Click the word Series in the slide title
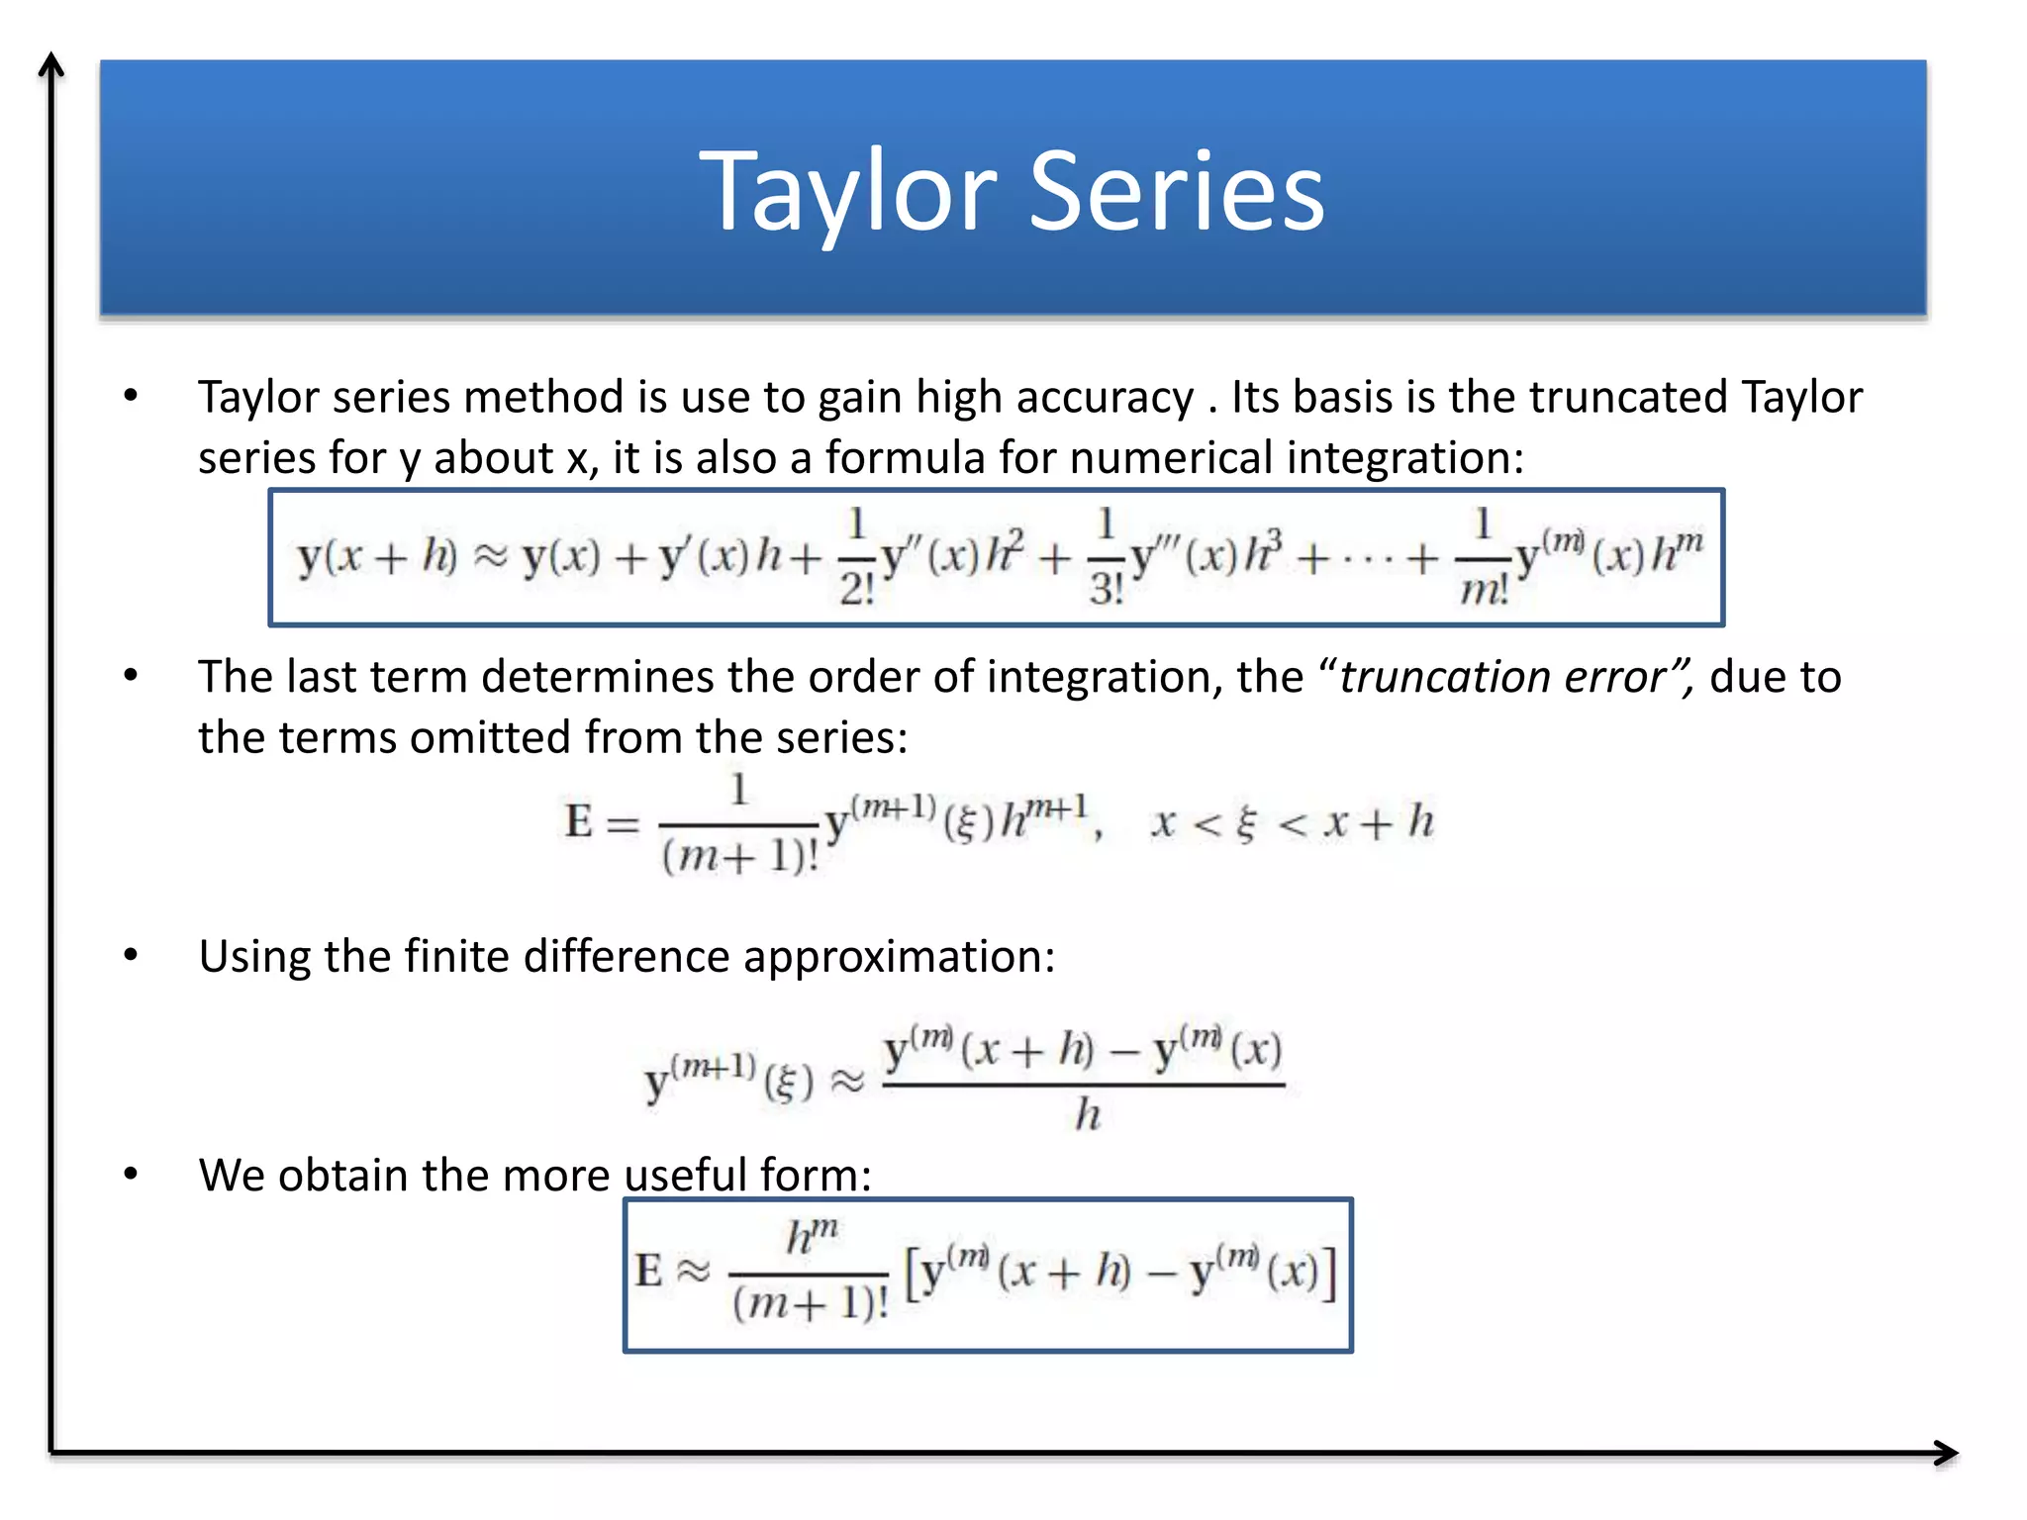[1177, 191]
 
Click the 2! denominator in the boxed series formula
[857, 590]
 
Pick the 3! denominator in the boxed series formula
[1107, 590]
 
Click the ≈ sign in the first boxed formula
[489, 557]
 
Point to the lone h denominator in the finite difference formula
[1088, 1115]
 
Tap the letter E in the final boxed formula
[648, 1271]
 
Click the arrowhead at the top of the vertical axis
[50, 65]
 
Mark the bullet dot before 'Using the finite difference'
[131, 956]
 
